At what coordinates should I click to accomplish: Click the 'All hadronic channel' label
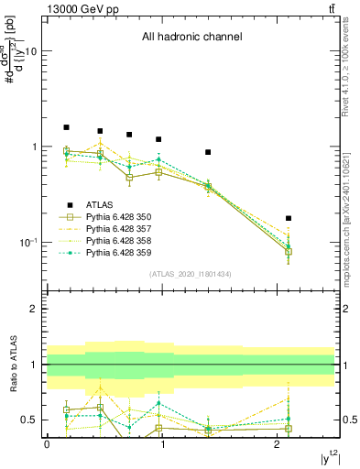(191, 38)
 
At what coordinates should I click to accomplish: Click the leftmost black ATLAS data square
(66, 127)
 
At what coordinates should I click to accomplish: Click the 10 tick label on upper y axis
(30, 51)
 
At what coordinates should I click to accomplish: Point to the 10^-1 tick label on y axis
(28, 243)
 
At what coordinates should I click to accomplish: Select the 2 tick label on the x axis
(278, 443)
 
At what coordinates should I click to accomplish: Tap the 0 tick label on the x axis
(47, 443)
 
